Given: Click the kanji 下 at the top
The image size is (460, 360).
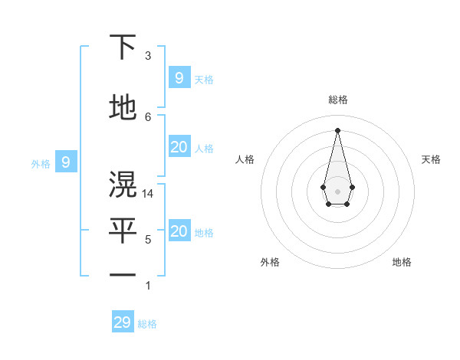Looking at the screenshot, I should click(123, 47).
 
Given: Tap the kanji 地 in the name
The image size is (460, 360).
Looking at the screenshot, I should click(123, 108).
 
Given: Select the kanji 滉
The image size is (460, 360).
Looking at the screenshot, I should click(123, 185).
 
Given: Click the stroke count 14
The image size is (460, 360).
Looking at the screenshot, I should click(149, 194).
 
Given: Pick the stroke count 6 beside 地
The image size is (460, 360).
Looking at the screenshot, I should click(148, 116).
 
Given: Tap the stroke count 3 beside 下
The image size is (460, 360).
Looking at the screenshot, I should click(148, 56).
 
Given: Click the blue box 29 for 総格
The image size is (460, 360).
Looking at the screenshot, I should click(123, 322).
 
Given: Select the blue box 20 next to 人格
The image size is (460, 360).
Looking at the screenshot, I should click(179, 148).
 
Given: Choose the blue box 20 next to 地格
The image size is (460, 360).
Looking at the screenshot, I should click(179, 232).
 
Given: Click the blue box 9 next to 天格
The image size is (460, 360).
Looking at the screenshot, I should click(179, 77).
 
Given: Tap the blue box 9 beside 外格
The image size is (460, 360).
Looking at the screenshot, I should click(66, 162).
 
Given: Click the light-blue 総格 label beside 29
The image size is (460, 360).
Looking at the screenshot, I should click(147, 324).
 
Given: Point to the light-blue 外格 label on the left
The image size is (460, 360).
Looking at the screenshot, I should click(41, 163).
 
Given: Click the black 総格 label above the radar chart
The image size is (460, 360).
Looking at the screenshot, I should click(337, 100).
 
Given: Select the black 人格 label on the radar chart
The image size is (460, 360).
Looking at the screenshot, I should click(245, 159).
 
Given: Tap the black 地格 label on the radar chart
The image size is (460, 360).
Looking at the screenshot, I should click(402, 262).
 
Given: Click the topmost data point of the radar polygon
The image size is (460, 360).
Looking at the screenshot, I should click(337, 129).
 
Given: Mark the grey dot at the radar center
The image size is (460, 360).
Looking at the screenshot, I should click(337, 191).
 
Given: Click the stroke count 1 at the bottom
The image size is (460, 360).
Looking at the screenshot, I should click(148, 286).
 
